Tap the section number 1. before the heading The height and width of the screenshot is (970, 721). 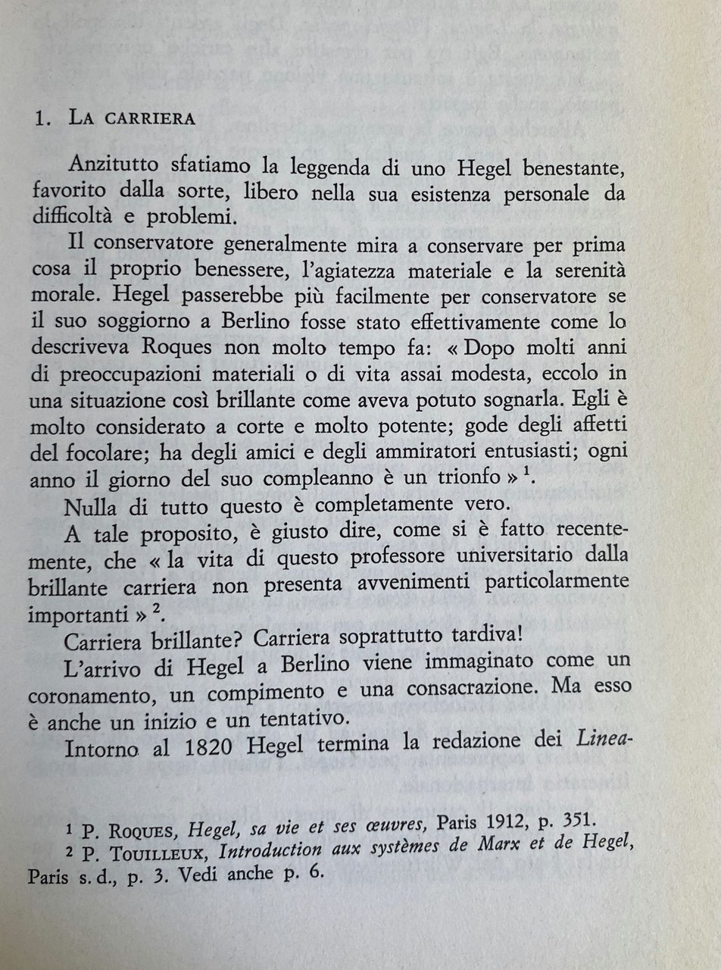click(x=46, y=118)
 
